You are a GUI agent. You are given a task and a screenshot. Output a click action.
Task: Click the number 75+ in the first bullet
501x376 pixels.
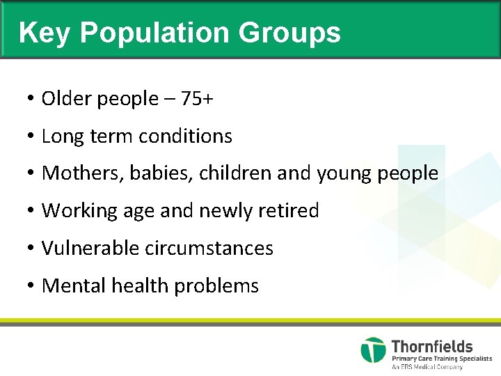pyautogui.click(x=197, y=99)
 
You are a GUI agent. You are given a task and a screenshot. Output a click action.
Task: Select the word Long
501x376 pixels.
pyautogui.click(x=61, y=136)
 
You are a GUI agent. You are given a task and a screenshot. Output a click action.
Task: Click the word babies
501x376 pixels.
pyautogui.click(x=156, y=173)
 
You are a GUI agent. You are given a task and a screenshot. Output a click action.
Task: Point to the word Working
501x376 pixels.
pyautogui.click(x=76, y=211)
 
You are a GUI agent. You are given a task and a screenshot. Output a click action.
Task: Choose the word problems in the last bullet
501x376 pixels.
pyautogui.click(x=216, y=285)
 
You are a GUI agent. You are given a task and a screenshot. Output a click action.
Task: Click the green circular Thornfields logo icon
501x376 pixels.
pyautogui.click(x=373, y=350)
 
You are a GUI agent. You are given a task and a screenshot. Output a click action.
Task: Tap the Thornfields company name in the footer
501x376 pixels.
pyautogui.click(x=431, y=346)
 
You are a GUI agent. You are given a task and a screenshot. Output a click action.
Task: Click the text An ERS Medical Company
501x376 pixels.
pyautogui.click(x=427, y=366)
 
